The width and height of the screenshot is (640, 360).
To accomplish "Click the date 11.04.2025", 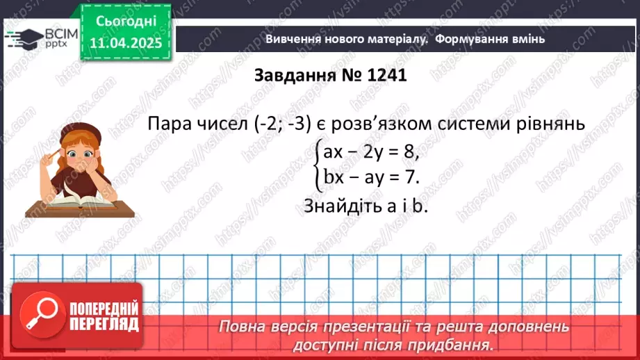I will [125, 44].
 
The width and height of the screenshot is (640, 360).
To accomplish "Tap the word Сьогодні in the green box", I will [125, 21].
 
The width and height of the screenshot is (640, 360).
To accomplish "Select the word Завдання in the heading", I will [291, 74].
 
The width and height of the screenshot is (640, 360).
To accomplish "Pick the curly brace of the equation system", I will [317, 164].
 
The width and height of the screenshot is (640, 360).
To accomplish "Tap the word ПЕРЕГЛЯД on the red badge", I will [104, 324].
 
